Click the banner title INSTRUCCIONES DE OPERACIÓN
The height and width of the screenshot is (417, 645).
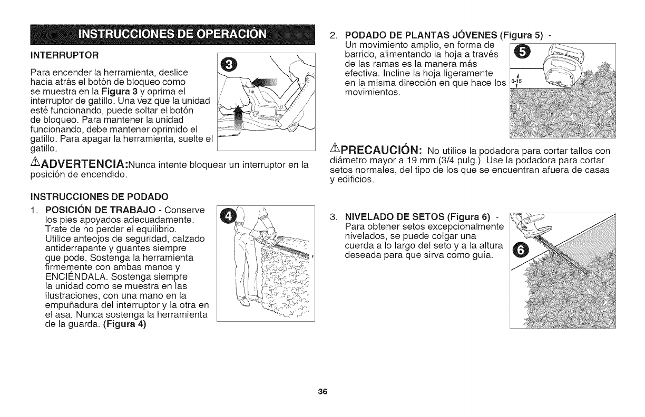click(x=173, y=35)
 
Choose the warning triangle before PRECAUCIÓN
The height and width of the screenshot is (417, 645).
click(x=333, y=150)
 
